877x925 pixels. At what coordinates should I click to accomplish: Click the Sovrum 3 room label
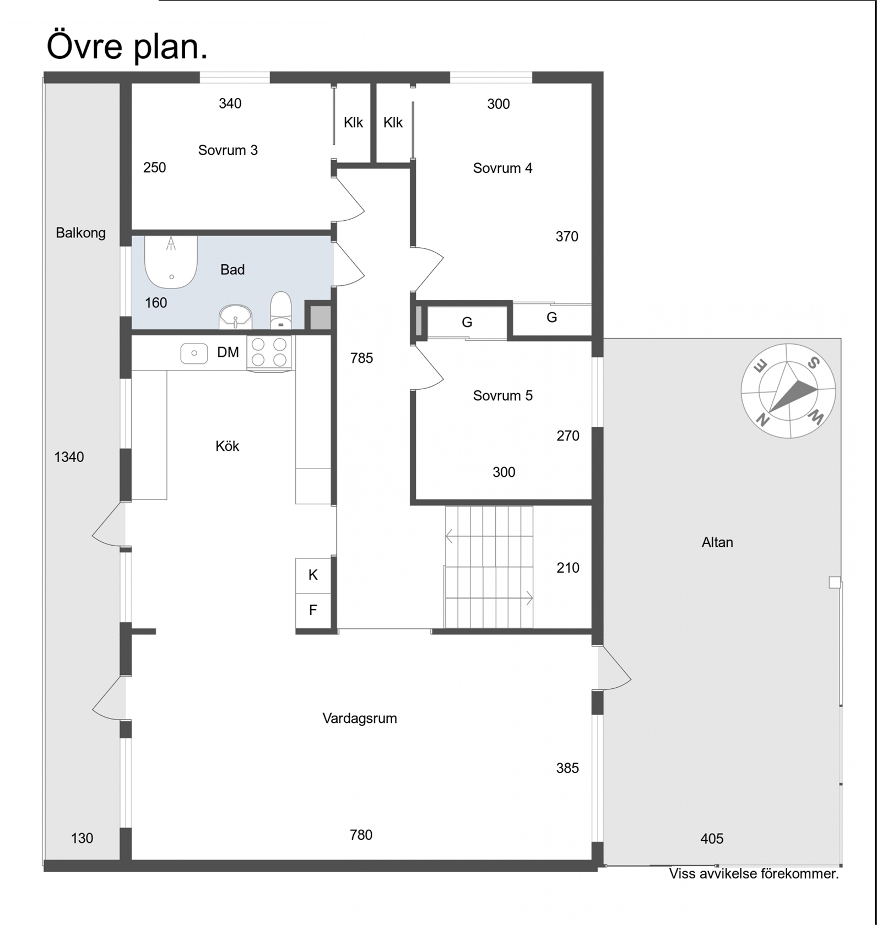coord(228,150)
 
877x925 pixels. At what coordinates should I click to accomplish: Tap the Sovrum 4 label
coord(502,168)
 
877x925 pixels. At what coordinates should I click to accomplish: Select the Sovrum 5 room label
coord(502,396)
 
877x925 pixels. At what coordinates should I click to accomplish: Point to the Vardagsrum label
coord(360,719)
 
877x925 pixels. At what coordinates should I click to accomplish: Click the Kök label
coord(227,446)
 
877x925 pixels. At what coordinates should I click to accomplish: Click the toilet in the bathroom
coord(281,311)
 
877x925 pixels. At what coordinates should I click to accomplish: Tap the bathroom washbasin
coord(235,318)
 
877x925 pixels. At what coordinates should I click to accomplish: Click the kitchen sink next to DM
coord(194,353)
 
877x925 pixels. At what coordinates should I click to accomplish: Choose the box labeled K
coord(313,575)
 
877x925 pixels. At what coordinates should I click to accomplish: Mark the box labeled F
coord(313,611)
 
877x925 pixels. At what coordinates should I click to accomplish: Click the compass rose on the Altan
coord(788,391)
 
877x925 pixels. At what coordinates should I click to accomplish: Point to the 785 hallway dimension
coord(361,358)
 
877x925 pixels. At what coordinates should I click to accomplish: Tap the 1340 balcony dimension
coord(69,457)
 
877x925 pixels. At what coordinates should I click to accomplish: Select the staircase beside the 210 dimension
coord(489,567)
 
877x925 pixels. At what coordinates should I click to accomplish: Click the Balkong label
coord(80,233)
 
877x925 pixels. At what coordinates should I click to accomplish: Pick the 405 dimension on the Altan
coord(712,839)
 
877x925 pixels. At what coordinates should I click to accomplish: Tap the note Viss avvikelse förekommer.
coord(754,874)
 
